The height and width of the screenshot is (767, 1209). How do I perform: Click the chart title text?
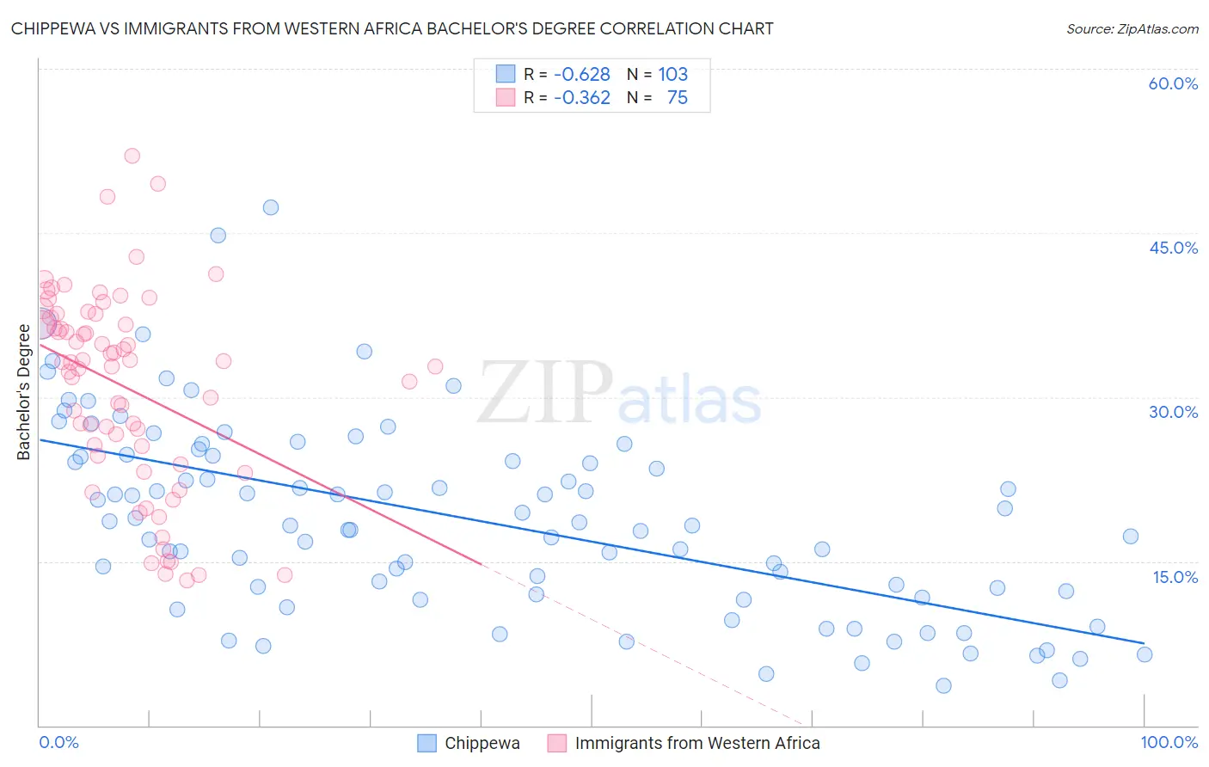(x=392, y=28)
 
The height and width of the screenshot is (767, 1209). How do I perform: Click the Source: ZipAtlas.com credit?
(x=1132, y=28)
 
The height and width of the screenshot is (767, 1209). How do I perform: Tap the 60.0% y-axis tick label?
(x=1173, y=83)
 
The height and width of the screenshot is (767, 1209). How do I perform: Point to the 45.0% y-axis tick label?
(x=1173, y=248)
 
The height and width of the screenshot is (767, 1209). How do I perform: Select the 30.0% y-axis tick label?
(x=1173, y=412)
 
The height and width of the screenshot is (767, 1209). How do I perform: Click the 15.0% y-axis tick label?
(x=1175, y=576)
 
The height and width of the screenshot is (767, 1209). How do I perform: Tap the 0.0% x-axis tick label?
(x=58, y=742)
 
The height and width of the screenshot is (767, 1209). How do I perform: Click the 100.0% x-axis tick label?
(x=1169, y=742)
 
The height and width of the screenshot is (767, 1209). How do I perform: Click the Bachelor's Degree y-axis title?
(x=23, y=392)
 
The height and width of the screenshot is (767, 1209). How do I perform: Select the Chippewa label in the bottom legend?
(x=482, y=743)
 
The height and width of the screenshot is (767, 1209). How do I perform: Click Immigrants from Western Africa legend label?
(x=697, y=743)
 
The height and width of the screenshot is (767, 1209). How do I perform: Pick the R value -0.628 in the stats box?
(x=581, y=74)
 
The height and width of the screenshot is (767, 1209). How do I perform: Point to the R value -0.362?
(x=581, y=97)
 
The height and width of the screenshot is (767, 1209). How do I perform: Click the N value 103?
(x=672, y=74)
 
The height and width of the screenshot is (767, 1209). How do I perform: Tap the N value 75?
(x=677, y=97)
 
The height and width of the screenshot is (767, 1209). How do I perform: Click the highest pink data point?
(x=132, y=156)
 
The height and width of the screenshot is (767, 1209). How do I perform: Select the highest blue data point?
(x=271, y=207)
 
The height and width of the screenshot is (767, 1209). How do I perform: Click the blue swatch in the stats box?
(x=505, y=74)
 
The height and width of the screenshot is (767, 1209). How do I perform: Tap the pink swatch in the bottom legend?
(x=556, y=743)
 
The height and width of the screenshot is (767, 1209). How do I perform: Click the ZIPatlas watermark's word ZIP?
(x=544, y=394)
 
